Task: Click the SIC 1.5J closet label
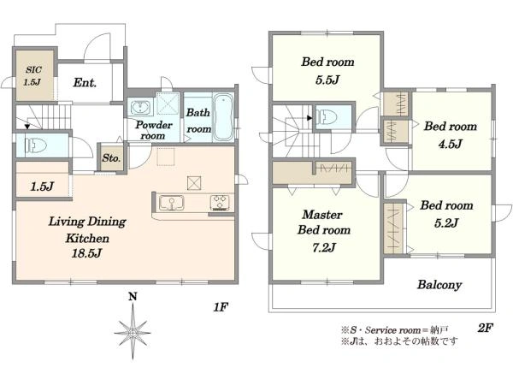pyautogui.click(x=33, y=75)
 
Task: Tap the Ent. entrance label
pyautogui.click(x=85, y=82)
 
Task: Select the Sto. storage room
pyautogui.click(x=111, y=157)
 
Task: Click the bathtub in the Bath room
pyautogui.click(x=223, y=117)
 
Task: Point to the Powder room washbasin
pyautogui.click(x=141, y=108)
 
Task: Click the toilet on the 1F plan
pyautogui.click(x=35, y=145)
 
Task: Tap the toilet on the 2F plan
pyautogui.click(x=327, y=117)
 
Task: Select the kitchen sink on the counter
pyautogui.click(x=171, y=203)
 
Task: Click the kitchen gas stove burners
pyautogui.click(x=220, y=202)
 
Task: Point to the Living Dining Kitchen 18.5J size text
pyautogui.click(x=86, y=253)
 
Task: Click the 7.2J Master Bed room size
pyautogui.click(x=324, y=247)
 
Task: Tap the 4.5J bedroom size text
pyautogui.click(x=451, y=144)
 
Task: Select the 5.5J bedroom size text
pyautogui.click(x=327, y=80)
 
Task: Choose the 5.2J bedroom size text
pyautogui.click(x=446, y=223)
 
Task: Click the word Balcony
pyautogui.click(x=439, y=285)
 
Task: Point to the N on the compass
pyautogui.click(x=133, y=297)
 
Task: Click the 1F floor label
pyautogui.click(x=221, y=307)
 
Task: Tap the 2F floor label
pyautogui.click(x=485, y=328)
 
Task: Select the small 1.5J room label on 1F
pyautogui.click(x=42, y=187)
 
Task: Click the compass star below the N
pyautogui.click(x=133, y=332)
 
